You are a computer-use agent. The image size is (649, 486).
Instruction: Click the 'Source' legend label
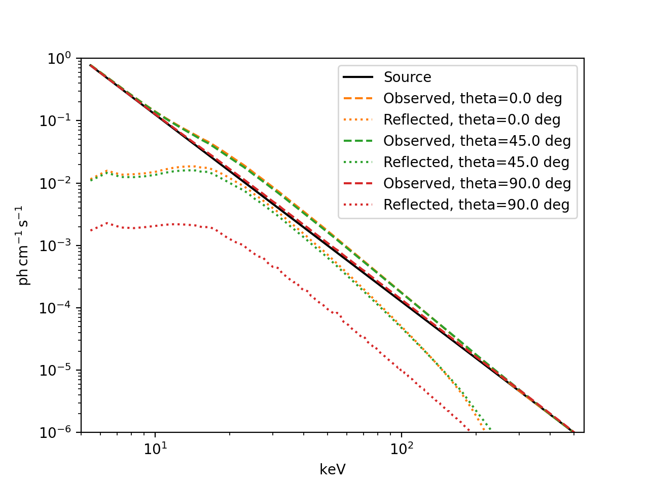(x=407, y=77)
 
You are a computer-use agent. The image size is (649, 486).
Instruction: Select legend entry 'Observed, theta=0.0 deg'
(x=473, y=98)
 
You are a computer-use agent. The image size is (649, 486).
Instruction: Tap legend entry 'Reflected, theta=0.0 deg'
(x=472, y=119)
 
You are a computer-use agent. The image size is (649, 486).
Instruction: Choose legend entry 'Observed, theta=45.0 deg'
(x=477, y=141)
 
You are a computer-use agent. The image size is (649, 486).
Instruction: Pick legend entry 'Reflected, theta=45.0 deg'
(x=476, y=162)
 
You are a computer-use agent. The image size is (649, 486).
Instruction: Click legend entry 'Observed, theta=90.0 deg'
(x=477, y=183)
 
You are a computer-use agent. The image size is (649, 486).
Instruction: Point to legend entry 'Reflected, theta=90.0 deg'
(x=476, y=205)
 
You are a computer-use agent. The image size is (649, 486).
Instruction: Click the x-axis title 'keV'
(x=333, y=469)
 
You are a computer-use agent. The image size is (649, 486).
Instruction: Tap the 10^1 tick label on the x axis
(x=155, y=448)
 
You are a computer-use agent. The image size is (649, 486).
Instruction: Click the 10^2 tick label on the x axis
(x=402, y=448)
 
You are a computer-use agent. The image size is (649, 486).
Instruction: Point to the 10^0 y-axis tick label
(x=59, y=59)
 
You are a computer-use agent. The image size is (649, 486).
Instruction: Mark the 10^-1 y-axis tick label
(x=55, y=121)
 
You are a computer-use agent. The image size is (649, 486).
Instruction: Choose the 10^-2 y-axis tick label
(x=55, y=183)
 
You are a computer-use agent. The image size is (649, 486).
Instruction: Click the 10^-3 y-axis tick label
(x=55, y=246)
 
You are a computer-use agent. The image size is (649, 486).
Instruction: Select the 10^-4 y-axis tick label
(x=55, y=308)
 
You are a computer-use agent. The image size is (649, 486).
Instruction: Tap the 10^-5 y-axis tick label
(x=55, y=371)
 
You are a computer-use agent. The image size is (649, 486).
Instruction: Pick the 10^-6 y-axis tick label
(x=55, y=433)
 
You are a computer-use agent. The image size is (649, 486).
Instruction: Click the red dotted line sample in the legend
(x=358, y=205)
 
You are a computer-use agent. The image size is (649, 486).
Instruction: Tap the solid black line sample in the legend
(x=358, y=77)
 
